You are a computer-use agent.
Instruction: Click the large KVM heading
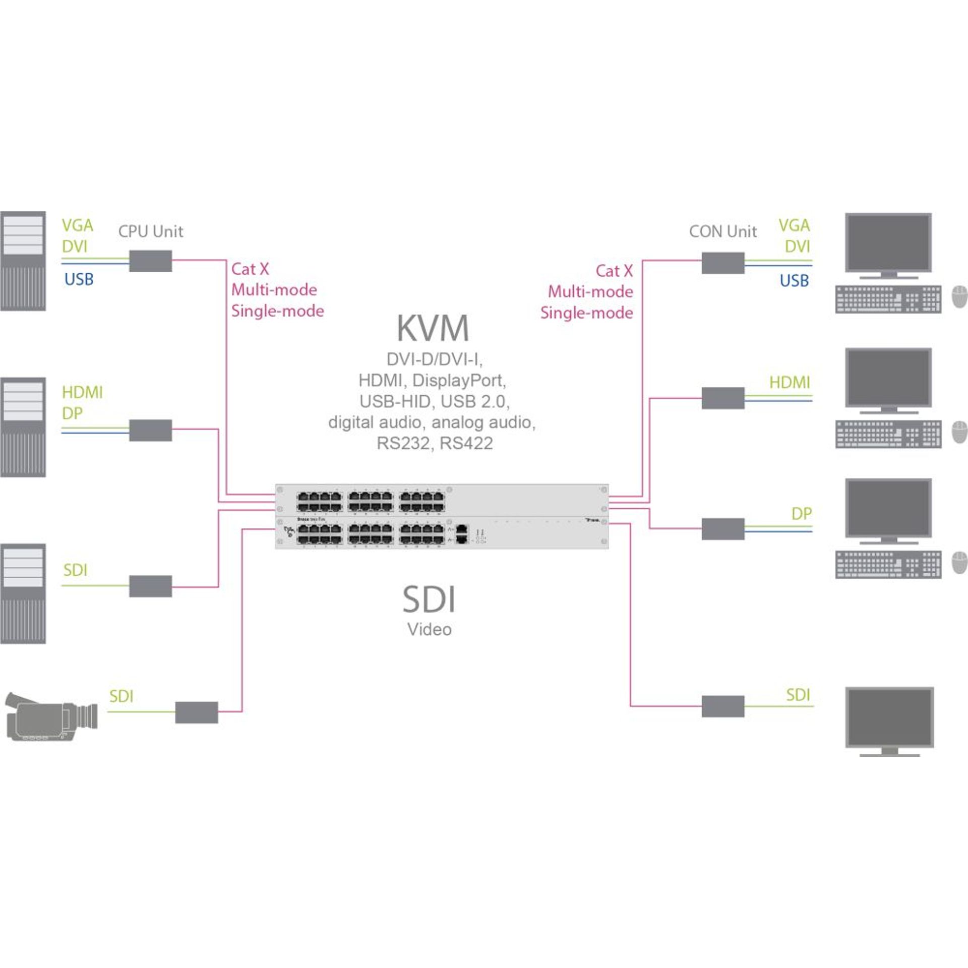[433, 328]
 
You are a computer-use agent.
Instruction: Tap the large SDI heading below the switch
[429, 599]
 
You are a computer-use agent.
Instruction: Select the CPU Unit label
[150, 231]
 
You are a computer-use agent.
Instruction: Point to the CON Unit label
[722, 231]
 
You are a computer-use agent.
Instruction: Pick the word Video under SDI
[429, 630]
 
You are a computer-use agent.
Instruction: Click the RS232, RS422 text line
[435, 443]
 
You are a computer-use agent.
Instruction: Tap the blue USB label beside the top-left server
[79, 279]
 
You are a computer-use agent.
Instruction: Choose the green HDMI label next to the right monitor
[789, 383]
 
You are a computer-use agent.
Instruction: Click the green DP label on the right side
[801, 514]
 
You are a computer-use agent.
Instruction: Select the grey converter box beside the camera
[197, 712]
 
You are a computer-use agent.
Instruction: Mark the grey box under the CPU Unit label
[150, 261]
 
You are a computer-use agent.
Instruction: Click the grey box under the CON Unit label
[722, 263]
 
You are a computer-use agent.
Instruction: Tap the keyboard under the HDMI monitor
[888, 434]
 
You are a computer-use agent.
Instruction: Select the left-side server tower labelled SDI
[23, 593]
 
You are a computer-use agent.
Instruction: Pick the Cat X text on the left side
[250, 269]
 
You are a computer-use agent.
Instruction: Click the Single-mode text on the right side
[586, 313]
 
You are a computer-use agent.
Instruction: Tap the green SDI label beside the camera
[121, 696]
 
